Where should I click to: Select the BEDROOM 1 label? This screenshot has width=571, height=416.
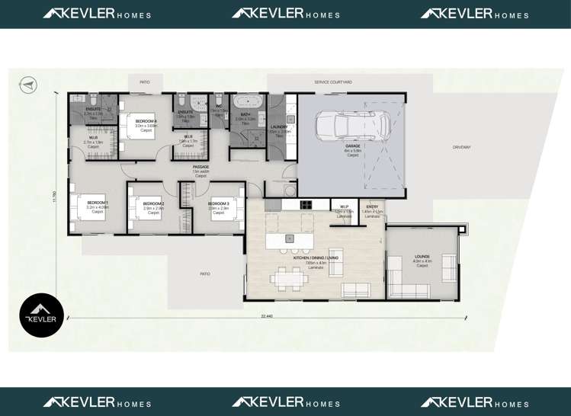point(97,203)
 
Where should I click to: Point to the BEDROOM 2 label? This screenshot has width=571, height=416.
point(154,204)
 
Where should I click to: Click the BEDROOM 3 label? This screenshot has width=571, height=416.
point(219,204)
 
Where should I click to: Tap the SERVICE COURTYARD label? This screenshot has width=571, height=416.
point(333,82)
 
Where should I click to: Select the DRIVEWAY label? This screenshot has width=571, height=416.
point(461,147)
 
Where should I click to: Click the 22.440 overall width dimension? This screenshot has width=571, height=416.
point(267,315)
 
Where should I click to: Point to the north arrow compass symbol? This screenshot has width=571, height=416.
point(28,85)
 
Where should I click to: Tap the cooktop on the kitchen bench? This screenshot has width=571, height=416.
point(306,204)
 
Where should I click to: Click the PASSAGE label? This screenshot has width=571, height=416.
point(200,167)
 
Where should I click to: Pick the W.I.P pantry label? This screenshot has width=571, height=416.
point(344,206)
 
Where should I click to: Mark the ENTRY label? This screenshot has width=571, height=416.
point(372,206)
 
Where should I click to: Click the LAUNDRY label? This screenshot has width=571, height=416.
point(280,127)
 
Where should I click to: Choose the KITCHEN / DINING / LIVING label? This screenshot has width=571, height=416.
point(316,258)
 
